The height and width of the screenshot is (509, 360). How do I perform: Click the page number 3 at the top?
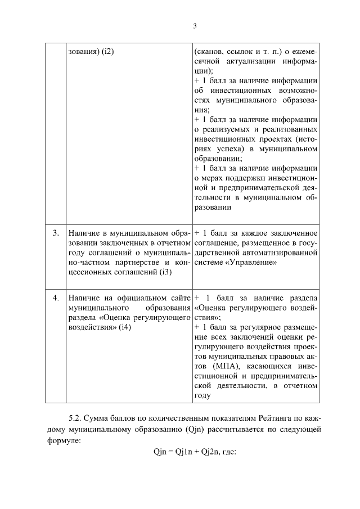(194, 26)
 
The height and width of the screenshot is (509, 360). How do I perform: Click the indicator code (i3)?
(165, 272)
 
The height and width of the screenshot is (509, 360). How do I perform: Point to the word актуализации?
(254, 61)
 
